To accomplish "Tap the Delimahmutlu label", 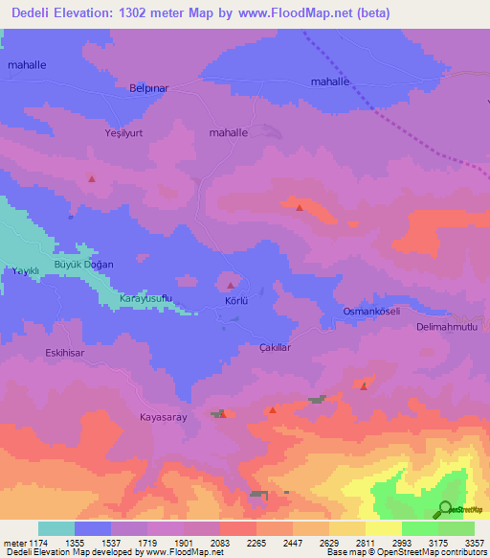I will click(453, 327).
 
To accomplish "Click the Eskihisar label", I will click(66, 353).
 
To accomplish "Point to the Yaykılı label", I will click(23, 271).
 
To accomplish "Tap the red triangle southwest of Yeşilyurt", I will click(92, 178).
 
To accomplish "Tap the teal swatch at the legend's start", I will click(56, 528).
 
